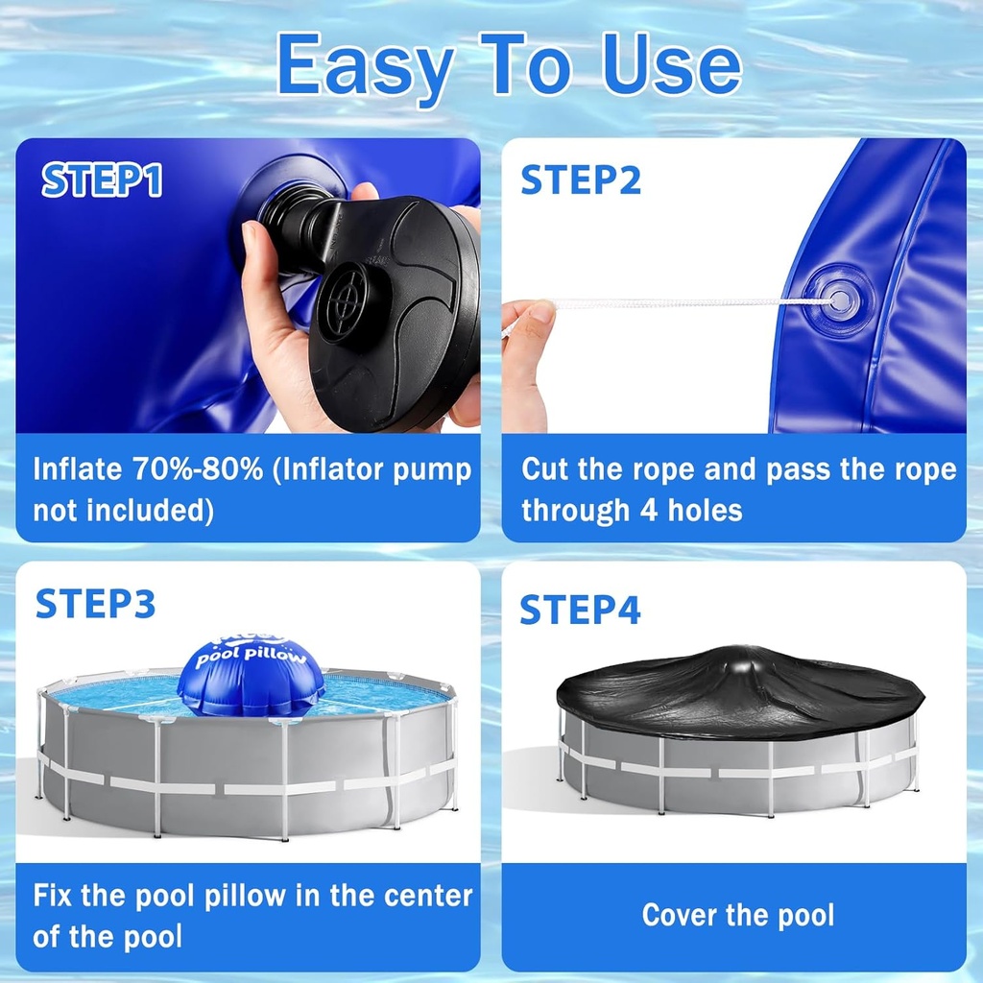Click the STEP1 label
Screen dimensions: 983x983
pyautogui.click(x=102, y=181)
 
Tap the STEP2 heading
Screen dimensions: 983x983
pyautogui.click(x=581, y=180)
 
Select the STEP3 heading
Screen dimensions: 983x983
pyautogui.click(x=95, y=604)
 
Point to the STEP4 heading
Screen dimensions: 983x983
pyautogui.click(x=580, y=610)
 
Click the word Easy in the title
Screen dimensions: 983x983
pyautogui.click(x=365, y=65)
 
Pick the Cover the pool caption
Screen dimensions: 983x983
pyautogui.click(x=737, y=915)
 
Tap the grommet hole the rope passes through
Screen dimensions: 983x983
pyautogui.click(x=838, y=300)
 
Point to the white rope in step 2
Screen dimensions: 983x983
pyautogui.click(x=672, y=302)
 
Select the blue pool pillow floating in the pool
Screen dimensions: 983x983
pyautogui.click(x=251, y=674)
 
